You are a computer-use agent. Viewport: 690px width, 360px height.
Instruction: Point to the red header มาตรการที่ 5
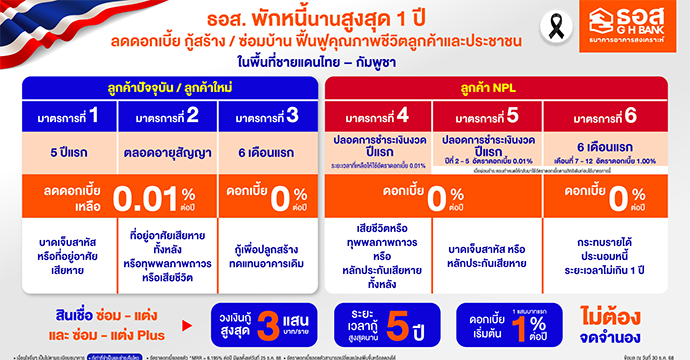[488, 115]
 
